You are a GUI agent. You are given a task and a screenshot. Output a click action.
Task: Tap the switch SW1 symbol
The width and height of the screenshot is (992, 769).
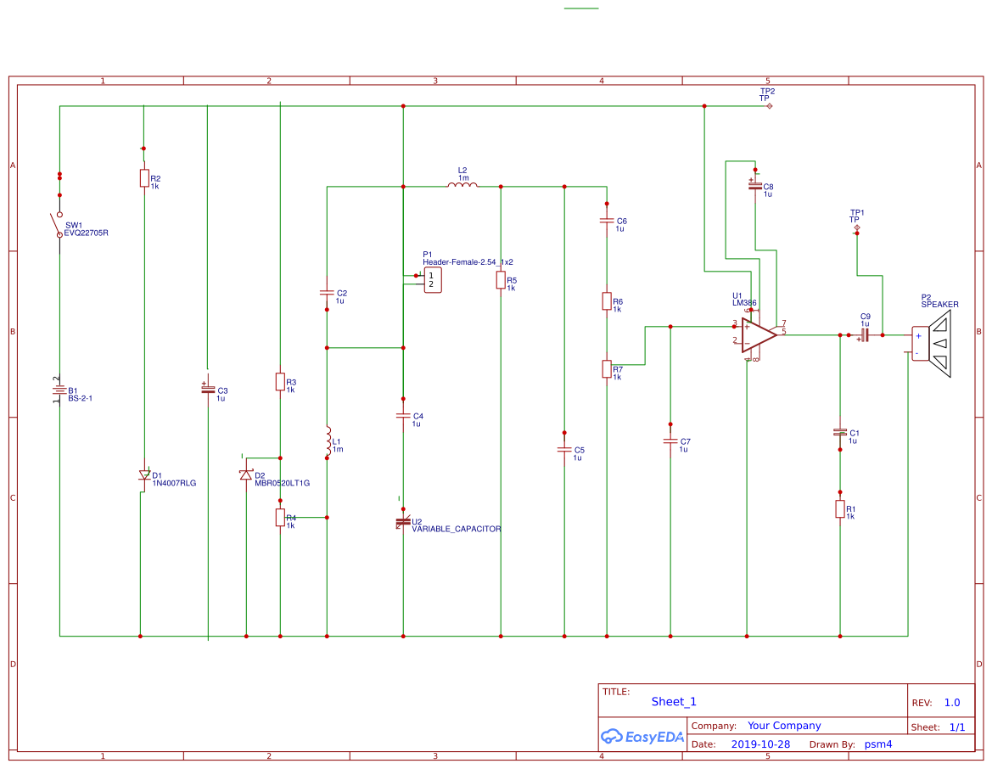click(x=59, y=224)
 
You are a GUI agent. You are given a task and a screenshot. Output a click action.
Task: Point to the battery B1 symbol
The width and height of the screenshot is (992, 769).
click(x=59, y=391)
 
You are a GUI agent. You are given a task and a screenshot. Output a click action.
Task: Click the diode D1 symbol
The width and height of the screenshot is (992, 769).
click(x=143, y=476)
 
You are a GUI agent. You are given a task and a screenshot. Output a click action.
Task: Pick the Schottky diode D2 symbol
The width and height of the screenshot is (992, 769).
click(x=246, y=474)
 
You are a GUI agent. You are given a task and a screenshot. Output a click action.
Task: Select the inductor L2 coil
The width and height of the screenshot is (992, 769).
click(x=462, y=185)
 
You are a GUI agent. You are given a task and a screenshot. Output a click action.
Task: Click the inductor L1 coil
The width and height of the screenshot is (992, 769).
click(x=327, y=439)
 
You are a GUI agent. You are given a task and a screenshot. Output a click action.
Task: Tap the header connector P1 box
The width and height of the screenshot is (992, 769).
click(x=431, y=279)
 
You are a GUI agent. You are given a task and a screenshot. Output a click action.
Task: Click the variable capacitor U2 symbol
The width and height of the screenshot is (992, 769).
click(x=403, y=521)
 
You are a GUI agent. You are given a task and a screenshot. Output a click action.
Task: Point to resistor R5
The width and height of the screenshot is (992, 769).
click(x=501, y=280)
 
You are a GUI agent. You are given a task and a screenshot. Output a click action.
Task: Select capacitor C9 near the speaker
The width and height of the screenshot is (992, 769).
click(x=864, y=335)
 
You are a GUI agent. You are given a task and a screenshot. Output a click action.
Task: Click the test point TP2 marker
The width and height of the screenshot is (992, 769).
click(x=769, y=106)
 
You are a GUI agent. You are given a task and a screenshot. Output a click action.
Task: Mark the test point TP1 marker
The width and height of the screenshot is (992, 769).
click(x=857, y=228)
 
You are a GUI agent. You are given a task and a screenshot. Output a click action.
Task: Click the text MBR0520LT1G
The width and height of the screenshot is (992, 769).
click(x=282, y=483)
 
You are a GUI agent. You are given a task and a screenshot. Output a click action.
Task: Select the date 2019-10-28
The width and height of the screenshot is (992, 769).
click(x=759, y=744)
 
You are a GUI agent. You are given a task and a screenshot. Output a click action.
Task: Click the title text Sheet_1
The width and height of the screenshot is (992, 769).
click(x=674, y=702)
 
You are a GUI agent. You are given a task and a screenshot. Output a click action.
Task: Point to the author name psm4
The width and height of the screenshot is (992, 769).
click(x=877, y=744)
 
